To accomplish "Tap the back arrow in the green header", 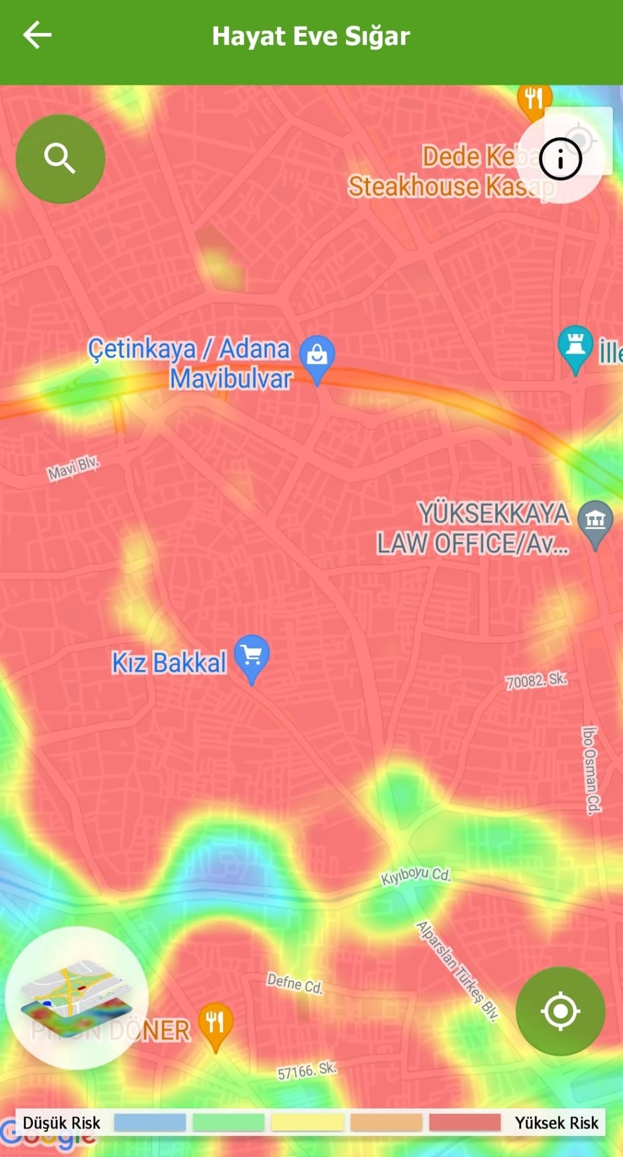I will click(37, 35).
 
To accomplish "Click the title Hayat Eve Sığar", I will click(311, 36).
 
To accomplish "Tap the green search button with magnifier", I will click(60, 158).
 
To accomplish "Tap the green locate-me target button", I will click(560, 1011).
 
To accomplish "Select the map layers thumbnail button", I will click(77, 998).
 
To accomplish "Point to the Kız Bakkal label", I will click(169, 663).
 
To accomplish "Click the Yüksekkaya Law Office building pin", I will click(595, 522).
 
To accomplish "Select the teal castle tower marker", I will click(575, 346).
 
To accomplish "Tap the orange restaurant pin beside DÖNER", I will click(216, 1024).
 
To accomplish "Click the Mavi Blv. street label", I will click(73, 468).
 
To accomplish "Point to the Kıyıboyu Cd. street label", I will click(416, 875).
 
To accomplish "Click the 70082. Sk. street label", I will click(536, 681).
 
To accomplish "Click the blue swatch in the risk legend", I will click(150, 1122).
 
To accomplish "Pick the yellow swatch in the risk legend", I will click(307, 1122).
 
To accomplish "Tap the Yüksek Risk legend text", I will click(556, 1123).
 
